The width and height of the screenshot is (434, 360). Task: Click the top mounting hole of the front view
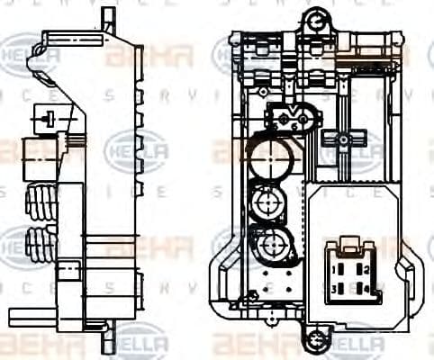314,17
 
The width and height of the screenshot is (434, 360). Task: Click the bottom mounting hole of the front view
314,341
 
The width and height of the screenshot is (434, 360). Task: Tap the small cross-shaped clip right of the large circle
342,139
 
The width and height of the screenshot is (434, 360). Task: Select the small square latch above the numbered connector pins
349,245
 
